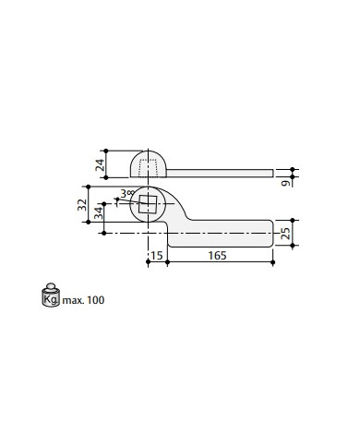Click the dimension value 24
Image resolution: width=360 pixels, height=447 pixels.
pyautogui.click(x=100, y=164)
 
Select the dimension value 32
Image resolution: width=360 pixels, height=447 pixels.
pyautogui.click(x=82, y=205)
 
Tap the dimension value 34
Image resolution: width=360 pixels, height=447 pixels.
pyautogui.click(x=99, y=213)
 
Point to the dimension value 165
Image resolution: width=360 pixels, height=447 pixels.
pyautogui.click(x=217, y=256)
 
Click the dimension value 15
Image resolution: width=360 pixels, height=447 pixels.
pyautogui.click(x=157, y=256)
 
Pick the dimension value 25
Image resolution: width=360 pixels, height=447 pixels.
pyautogui.click(x=285, y=234)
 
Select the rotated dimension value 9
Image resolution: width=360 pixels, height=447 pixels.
pyautogui.click(x=286, y=183)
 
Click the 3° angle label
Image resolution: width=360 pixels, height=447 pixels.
pyautogui.click(x=126, y=194)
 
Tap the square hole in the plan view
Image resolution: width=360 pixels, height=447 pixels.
pyautogui.click(x=148, y=204)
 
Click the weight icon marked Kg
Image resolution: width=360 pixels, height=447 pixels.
pyautogui.click(x=51, y=295)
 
